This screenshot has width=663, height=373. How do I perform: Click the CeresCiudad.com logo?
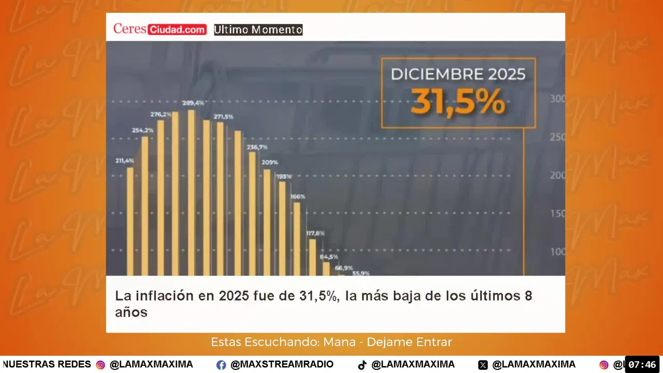pyautogui.click(x=160, y=30)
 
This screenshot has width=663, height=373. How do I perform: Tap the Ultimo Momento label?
pyautogui.click(x=258, y=30)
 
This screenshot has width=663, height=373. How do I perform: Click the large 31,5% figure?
pyautogui.click(x=458, y=103)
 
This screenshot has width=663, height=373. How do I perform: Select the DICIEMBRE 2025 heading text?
pyautogui.click(x=458, y=74)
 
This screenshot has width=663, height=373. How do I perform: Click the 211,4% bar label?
pyautogui.click(x=124, y=161)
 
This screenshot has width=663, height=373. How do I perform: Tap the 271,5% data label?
pyautogui.click(x=223, y=117)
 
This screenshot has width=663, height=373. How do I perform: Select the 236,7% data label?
pyautogui.click(x=257, y=147)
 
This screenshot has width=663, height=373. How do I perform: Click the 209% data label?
pyautogui.click(x=270, y=163)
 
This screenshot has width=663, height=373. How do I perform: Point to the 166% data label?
pyautogui.click(x=298, y=197)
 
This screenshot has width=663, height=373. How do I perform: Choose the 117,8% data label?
pyautogui.click(x=315, y=233)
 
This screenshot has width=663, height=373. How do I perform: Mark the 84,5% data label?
pyautogui.click(x=329, y=257)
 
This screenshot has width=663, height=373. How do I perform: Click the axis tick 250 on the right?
pyautogui.click(x=558, y=137)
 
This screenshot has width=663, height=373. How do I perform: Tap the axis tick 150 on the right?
pyautogui.click(x=558, y=214)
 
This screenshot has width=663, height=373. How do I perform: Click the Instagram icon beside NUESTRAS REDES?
pyautogui.click(x=100, y=365)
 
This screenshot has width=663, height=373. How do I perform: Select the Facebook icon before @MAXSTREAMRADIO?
pyautogui.click(x=221, y=365)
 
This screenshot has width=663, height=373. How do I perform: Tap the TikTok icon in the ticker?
pyautogui.click(x=362, y=365)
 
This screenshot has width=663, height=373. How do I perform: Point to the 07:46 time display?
pyautogui.click(x=642, y=365)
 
